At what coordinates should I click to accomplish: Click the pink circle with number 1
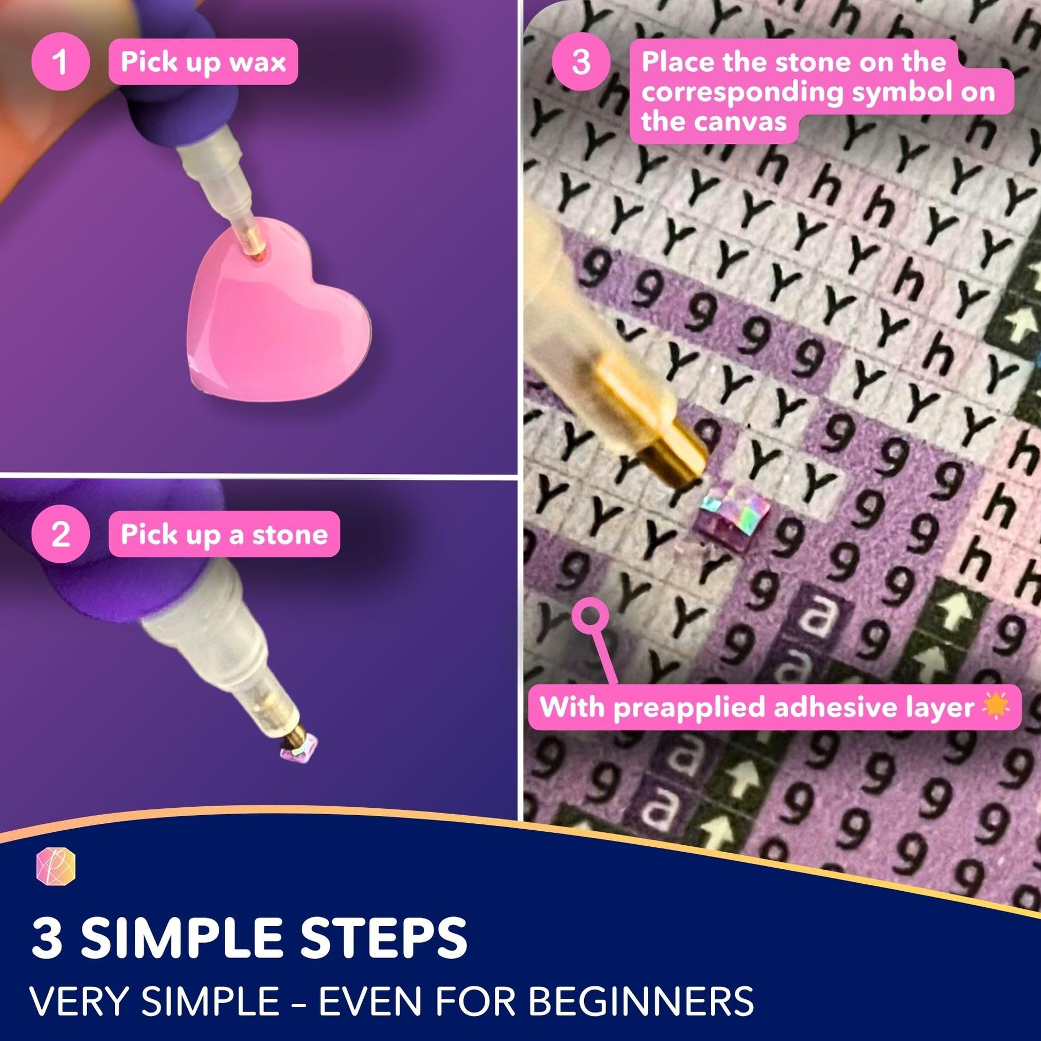pos(60,62)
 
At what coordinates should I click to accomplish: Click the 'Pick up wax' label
pos(203,62)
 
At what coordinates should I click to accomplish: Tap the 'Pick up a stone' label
pos(224,534)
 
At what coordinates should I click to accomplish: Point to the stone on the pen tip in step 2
pos(300,748)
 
